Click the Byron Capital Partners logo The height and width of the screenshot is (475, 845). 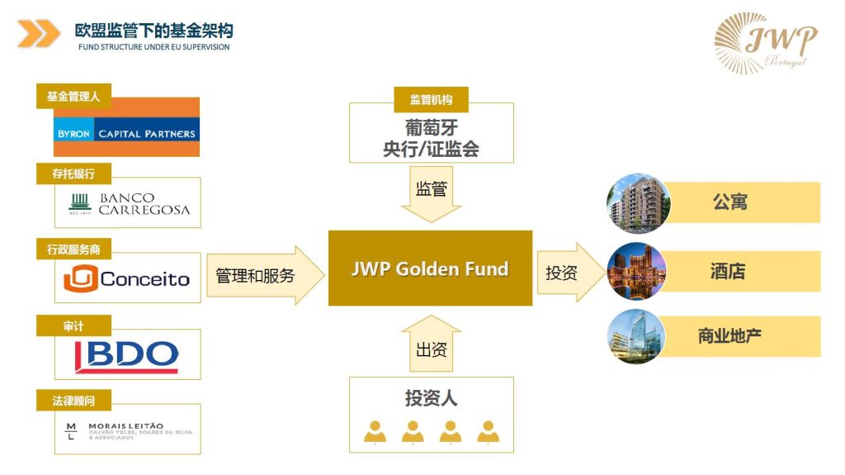click(126, 131)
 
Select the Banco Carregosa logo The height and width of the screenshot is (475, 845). click(127, 203)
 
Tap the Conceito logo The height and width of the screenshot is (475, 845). click(127, 279)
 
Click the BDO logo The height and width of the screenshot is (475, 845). click(127, 355)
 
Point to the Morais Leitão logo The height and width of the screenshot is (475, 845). click(127, 430)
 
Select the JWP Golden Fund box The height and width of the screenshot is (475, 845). click(430, 269)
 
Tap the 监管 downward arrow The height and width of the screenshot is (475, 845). click(430, 192)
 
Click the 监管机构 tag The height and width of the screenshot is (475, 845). click(431, 100)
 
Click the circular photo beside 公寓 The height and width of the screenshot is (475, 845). click(635, 202)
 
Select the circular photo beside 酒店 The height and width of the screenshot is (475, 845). click(635, 271)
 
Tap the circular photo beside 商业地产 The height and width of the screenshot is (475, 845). click(635, 336)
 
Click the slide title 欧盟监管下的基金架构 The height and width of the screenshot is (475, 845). click(153, 31)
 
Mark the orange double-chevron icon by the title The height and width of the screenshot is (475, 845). click(38, 33)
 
